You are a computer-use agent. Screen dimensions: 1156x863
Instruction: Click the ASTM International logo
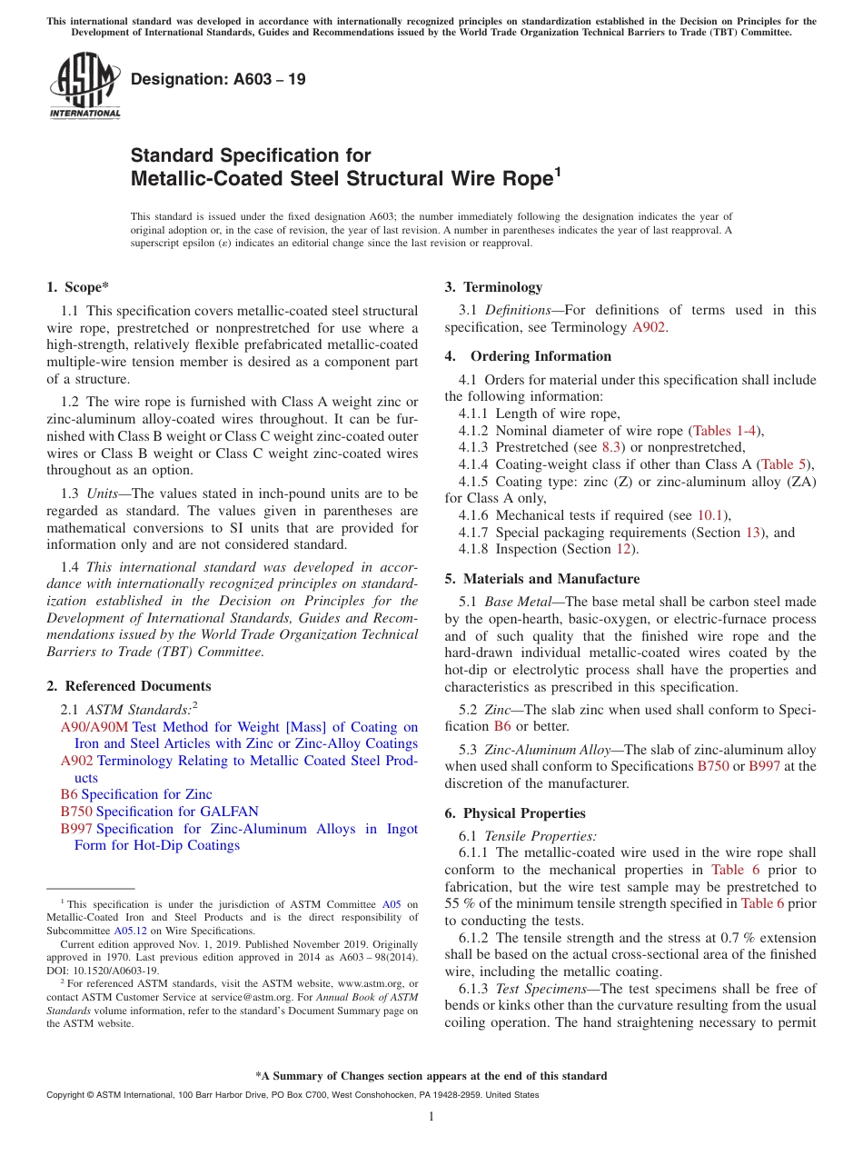84,86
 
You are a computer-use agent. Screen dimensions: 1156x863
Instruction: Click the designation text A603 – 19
218,80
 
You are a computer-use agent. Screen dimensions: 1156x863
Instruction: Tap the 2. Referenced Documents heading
129,686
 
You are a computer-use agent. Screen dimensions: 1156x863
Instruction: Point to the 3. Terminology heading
493,287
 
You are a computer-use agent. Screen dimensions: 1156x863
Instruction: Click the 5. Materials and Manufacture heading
542,579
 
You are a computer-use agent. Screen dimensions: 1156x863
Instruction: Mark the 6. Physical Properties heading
515,813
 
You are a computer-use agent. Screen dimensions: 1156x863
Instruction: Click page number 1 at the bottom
431,1117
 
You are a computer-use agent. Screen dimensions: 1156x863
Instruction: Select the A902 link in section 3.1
649,327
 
